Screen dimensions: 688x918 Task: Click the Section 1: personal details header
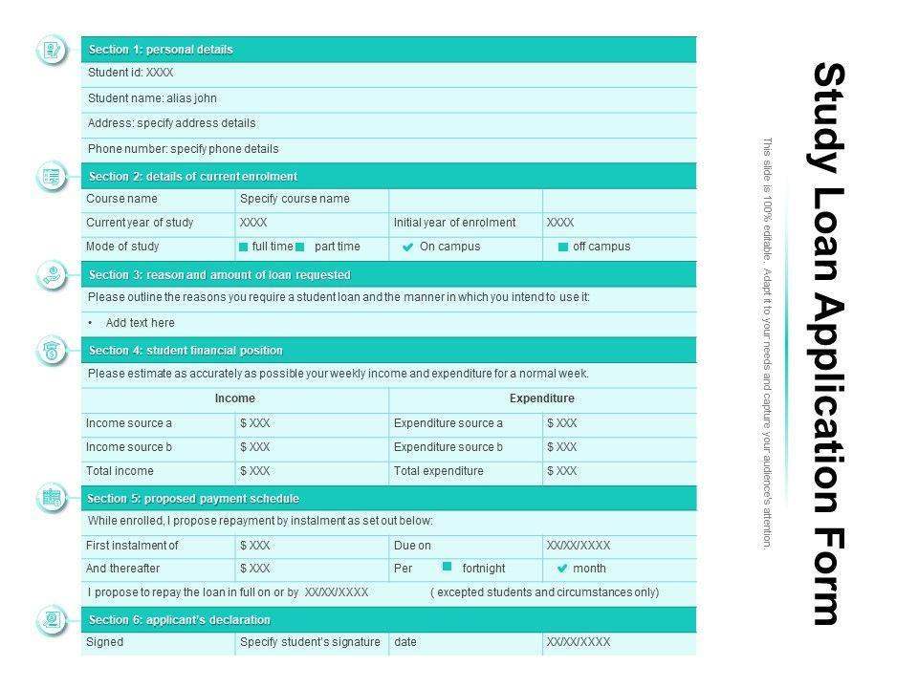click(x=161, y=50)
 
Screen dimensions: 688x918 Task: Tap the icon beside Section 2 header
click(x=52, y=177)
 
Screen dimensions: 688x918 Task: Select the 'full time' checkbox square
click(x=244, y=247)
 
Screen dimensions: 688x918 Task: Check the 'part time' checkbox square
click(x=300, y=247)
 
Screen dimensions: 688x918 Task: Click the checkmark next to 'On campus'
click(x=407, y=247)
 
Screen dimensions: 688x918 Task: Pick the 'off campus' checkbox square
click(x=563, y=247)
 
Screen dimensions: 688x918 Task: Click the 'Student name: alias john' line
click(x=153, y=98)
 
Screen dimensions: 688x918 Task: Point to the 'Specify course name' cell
click(x=295, y=199)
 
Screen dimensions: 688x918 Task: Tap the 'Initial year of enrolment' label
click(x=454, y=223)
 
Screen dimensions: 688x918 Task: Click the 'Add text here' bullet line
click(x=140, y=323)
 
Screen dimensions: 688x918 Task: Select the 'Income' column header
click(x=235, y=398)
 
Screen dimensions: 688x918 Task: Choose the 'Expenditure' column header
click(x=542, y=398)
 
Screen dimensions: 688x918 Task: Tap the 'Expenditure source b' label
click(x=448, y=447)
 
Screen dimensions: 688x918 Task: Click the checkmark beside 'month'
click(x=562, y=569)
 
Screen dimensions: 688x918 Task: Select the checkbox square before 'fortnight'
click(x=447, y=567)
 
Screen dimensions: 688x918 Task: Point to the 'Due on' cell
click(x=412, y=546)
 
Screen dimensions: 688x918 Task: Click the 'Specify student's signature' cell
click(x=310, y=642)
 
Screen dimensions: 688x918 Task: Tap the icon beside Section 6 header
click(x=52, y=620)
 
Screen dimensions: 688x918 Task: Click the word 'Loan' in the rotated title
click(x=828, y=236)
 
